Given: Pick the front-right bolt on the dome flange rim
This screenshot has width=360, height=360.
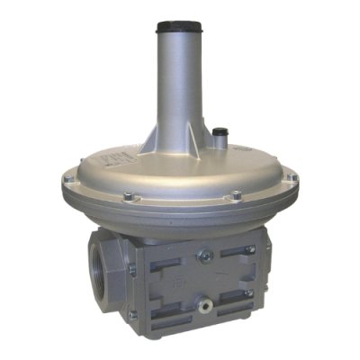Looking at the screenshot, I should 237,194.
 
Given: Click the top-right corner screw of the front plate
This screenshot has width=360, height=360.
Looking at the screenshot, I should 251,248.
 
